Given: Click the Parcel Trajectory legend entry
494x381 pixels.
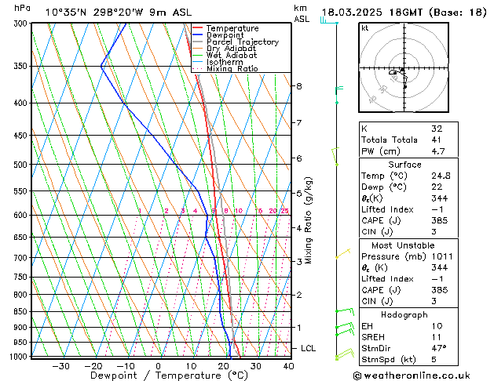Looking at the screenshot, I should pyautogui.click(x=242, y=42).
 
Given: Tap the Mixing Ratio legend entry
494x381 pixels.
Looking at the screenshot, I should pyautogui.click(x=232, y=68).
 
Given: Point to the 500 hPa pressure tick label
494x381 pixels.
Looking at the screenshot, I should pyautogui.click(x=21, y=165).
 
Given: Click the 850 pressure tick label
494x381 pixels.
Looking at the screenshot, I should pyautogui.click(x=21, y=311).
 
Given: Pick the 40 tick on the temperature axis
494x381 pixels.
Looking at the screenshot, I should pyautogui.click(x=288, y=366).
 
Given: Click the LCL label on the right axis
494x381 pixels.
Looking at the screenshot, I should pyautogui.click(x=309, y=348).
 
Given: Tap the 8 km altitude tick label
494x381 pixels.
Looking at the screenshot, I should pyautogui.click(x=299, y=85).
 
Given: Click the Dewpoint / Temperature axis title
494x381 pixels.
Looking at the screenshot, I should pyautogui.click(x=157, y=376).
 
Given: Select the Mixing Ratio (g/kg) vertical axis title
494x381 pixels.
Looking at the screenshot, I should pyautogui.click(x=309, y=220).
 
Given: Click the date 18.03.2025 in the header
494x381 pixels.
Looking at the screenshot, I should pyautogui.click(x=352, y=12).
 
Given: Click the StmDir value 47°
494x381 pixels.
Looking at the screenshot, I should pyautogui.click(x=438, y=347).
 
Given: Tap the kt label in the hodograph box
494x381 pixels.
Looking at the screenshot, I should pyautogui.click(x=364, y=28).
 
